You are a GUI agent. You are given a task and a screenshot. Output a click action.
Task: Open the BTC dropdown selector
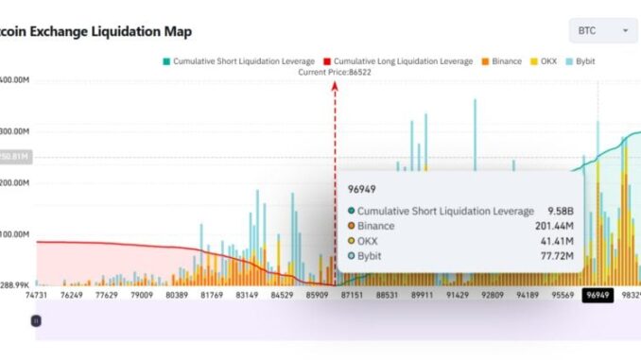[x=603, y=31]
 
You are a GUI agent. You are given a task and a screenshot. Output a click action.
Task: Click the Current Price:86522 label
[x=334, y=72]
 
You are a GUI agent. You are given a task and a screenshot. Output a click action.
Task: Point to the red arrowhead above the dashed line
[x=334, y=85]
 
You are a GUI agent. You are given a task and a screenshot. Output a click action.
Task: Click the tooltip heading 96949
[x=362, y=190]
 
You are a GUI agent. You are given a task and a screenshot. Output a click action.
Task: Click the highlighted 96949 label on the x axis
[x=598, y=295]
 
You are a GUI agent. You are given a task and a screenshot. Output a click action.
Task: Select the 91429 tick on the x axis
[x=456, y=295]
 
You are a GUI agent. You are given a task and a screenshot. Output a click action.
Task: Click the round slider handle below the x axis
[x=36, y=320]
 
